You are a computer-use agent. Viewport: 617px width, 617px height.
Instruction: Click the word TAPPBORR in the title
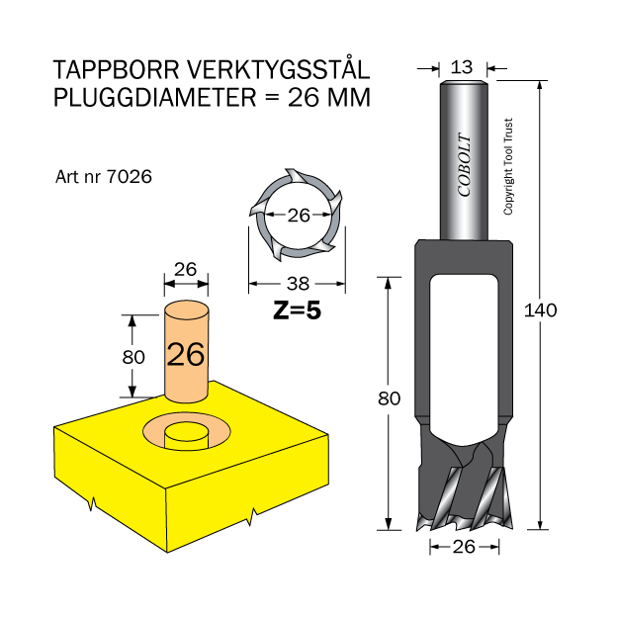pyautogui.click(x=117, y=70)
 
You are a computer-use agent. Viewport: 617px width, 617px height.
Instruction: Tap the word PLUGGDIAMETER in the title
pyautogui.click(x=155, y=97)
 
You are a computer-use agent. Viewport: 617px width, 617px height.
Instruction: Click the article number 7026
pyautogui.click(x=130, y=177)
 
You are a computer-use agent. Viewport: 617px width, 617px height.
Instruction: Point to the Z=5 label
pyautogui.click(x=297, y=310)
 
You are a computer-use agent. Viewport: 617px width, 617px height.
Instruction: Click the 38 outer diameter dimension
pyautogui.click(x=298, y=284)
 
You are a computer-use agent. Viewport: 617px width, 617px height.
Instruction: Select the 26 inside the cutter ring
pyautogui.click(x=299, y=215)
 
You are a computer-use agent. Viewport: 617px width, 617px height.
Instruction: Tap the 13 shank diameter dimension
pyautogui.click(x=462, y=67)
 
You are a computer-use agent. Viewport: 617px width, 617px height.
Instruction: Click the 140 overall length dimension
pyautogui.click(x=540, y=310)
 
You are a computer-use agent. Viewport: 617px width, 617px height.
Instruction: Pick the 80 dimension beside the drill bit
pyautogui.click(x=389, y=398)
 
